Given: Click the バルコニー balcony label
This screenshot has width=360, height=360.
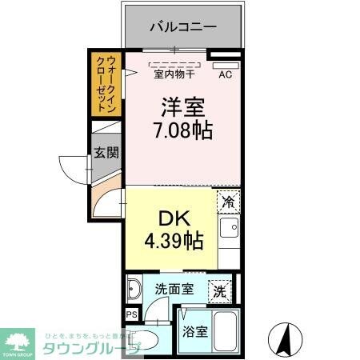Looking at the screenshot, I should [x=183, y=26].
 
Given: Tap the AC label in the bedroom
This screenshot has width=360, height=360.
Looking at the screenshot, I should [x=226, y=76].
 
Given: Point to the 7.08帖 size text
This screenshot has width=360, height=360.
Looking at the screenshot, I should [x=183, y=130].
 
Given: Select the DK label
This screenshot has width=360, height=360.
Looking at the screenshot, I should [x=169, y=217].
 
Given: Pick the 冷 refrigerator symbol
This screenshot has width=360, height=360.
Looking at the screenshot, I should [x=229, y=202].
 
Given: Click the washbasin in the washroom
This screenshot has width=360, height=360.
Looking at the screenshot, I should [x=134, y=289].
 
